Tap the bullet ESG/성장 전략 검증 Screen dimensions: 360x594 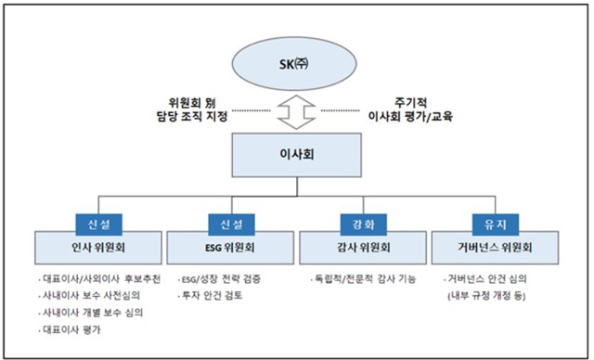click(224, 278)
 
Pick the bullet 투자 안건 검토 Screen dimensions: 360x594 click(211, 295)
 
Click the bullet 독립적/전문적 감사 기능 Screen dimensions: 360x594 click(363, 278)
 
